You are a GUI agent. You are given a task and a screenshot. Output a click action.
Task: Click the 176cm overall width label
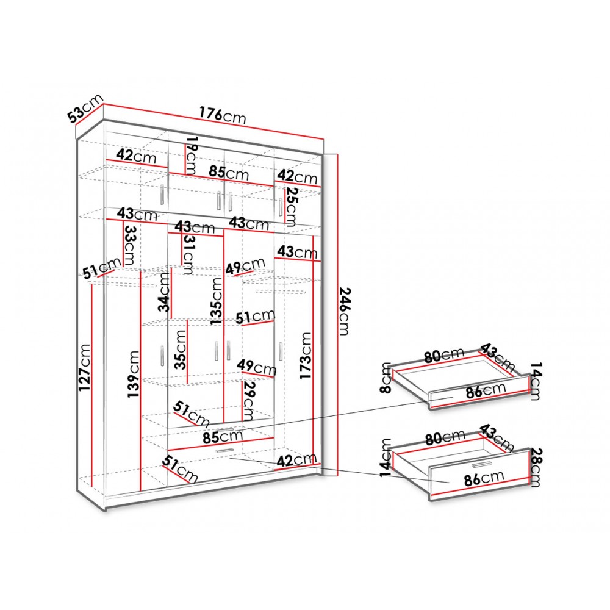click(x=223, y=115)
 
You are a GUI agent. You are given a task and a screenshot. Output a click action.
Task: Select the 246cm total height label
click(x=344, y=311)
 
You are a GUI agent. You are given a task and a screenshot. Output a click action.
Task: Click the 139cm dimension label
click(x=133, y=374)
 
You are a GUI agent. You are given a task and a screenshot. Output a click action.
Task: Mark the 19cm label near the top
click(x=192, y=155)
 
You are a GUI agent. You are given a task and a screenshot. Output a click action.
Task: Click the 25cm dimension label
click(x=292, y=207)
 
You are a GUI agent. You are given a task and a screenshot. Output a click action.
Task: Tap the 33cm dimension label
click(x=129, y=245)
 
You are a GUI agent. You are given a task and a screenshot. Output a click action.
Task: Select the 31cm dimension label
click(x=187, y=254)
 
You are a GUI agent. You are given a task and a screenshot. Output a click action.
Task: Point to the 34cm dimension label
click(x=165, y=292)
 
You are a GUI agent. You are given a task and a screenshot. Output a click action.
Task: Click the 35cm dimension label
click(x=180, y=350)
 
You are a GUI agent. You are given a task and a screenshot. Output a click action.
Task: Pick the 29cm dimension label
click(x=248, y=401)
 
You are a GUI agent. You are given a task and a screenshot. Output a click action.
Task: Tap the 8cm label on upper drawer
click(x=386, y=378)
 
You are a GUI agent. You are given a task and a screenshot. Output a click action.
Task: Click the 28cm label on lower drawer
click(x=536, y=467)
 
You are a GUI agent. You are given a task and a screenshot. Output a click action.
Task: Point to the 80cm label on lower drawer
click(x=445, y=437)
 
